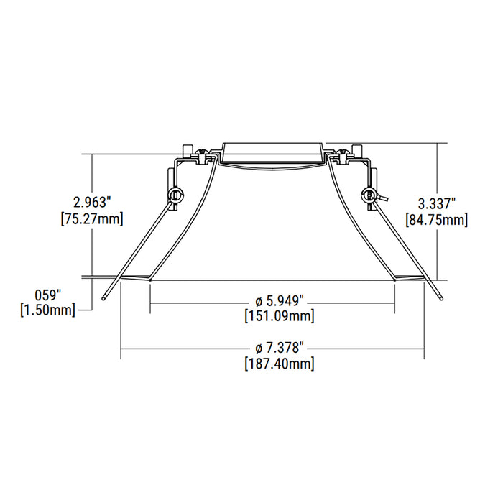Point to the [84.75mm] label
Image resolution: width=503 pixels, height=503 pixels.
tap(436, 219)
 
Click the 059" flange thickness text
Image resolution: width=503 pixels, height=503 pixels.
tap(49, 294)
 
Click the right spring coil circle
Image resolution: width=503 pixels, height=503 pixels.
tap(369, 194)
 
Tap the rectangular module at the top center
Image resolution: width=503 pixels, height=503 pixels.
tap(272, 152)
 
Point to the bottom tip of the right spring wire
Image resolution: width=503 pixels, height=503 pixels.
tap(439, 296)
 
